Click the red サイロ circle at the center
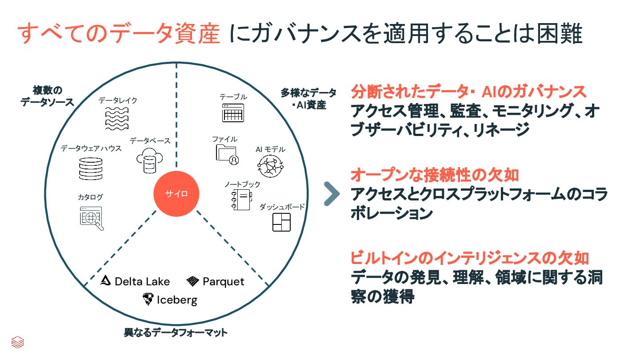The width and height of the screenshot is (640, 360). [176, 194]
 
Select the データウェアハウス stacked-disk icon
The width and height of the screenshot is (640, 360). [90, 168]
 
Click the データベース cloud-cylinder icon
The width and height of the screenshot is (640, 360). [150, 161]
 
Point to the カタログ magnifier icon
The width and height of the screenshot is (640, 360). [91, 218]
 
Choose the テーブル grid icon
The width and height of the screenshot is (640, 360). [233, 113]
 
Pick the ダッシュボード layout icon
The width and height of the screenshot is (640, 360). [281, 222]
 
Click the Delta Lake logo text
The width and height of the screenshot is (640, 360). [136, 281]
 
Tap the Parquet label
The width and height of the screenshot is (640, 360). [216, 281]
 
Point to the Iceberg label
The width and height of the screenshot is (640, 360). [170, 300]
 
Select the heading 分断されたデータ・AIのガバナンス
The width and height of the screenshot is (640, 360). [468, 92]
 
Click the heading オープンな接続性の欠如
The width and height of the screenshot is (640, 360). [434, 175]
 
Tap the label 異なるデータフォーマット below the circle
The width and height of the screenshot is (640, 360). [175, 332]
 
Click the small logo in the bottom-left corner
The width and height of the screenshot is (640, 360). [17, 342]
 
